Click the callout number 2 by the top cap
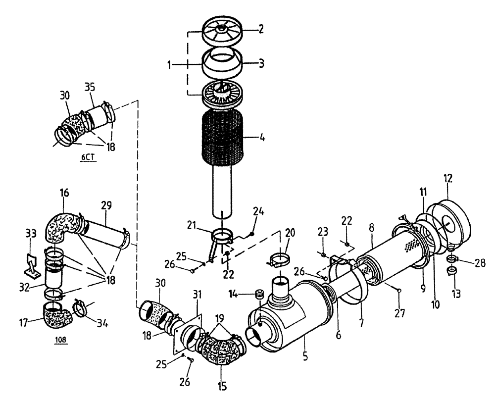coord(260,29)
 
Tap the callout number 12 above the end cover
coord(448,178)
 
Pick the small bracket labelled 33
coord(34,265)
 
